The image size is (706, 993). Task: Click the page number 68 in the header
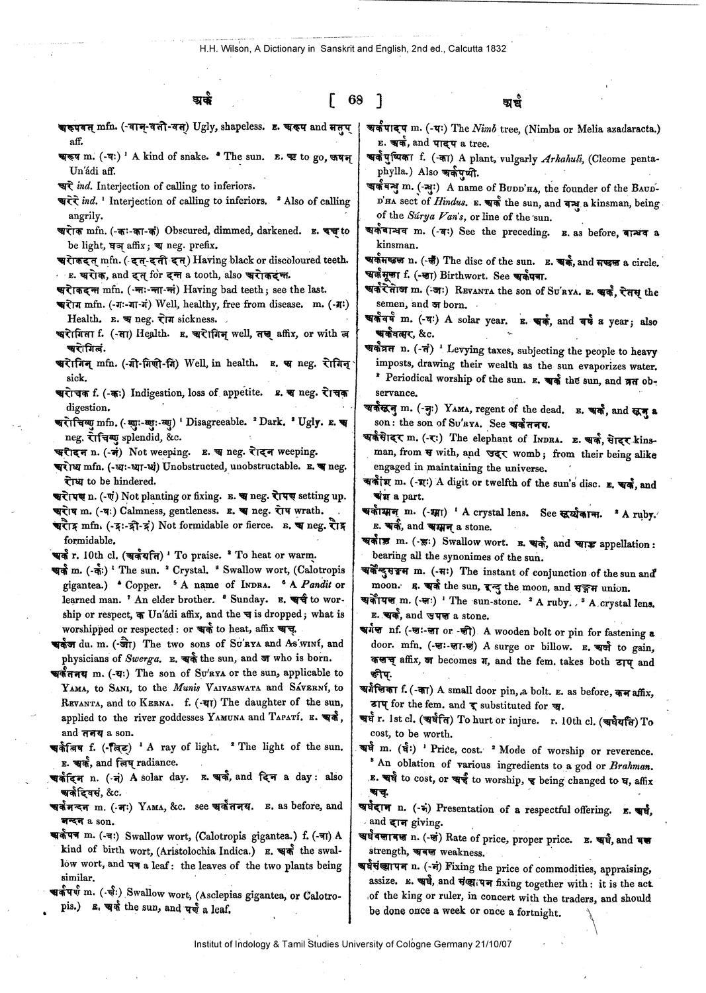[x=355, y=101]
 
